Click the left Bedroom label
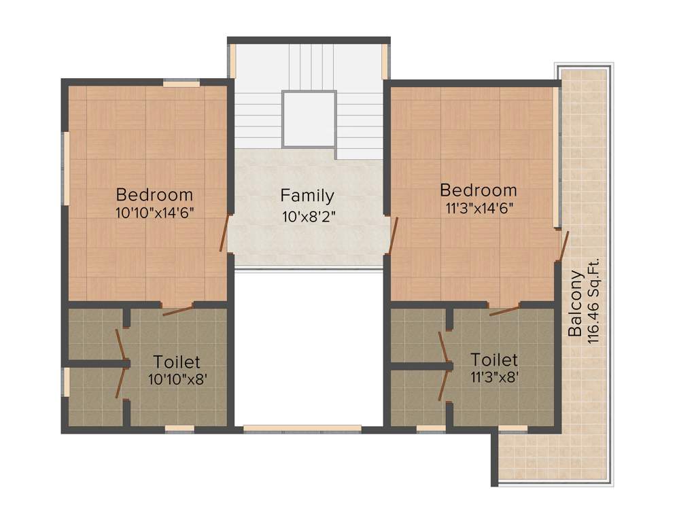[154, 194]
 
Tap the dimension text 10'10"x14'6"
[155, 211]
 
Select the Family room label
[307, 196]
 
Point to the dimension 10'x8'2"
[308, 217]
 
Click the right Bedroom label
[478, 190]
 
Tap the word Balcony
[575, 304]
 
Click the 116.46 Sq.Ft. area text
[593, 300]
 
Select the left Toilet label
[177, 362]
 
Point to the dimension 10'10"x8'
[177, 379]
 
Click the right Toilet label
[494, 359]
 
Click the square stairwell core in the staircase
[309, 120]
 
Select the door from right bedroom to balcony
[563, 246]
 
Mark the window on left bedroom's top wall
[181, 83]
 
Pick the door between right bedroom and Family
[393, 234]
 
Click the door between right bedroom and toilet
[504, 310]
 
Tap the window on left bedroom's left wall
[66, 167]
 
